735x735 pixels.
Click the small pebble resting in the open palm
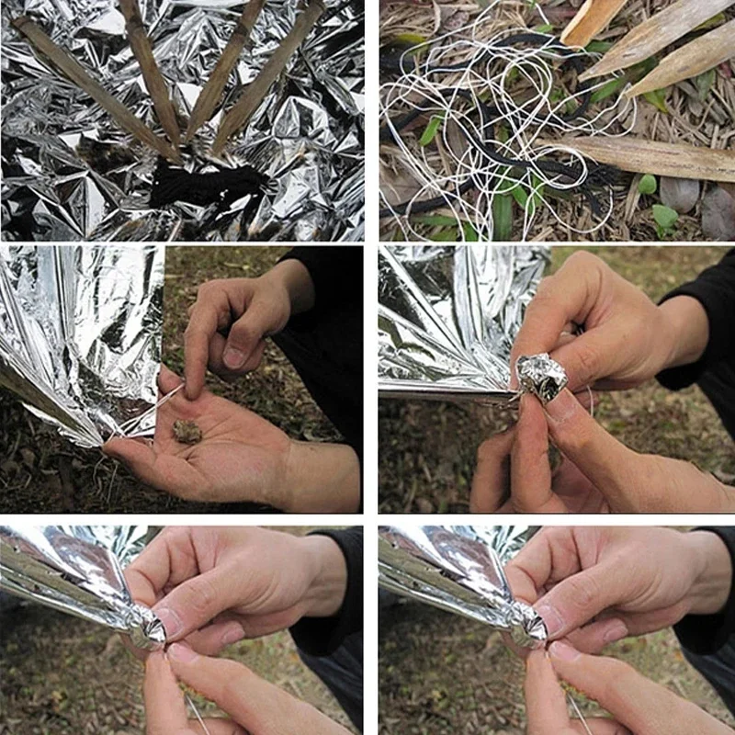[187, 431]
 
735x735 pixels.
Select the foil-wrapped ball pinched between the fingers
[541, 376]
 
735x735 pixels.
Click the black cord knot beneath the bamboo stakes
[202, 184]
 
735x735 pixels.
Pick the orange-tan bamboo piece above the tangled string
[593, 21]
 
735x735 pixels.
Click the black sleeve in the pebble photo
[326, 349]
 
